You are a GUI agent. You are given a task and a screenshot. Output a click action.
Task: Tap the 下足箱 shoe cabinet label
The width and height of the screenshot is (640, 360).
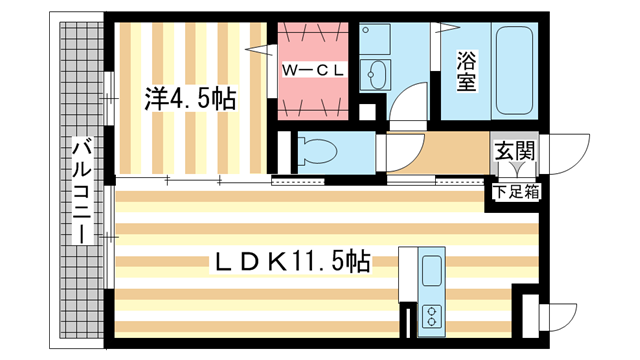514,189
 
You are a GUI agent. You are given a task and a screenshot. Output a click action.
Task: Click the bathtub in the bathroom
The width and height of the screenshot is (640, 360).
512,70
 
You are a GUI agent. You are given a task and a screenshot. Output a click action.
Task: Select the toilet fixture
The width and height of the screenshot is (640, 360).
318,152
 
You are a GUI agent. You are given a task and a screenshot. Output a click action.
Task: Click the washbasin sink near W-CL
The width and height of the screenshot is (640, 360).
381,75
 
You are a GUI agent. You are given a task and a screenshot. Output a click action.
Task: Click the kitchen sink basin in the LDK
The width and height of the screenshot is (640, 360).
432,271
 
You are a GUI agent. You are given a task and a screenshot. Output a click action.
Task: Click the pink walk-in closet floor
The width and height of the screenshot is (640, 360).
310,95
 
